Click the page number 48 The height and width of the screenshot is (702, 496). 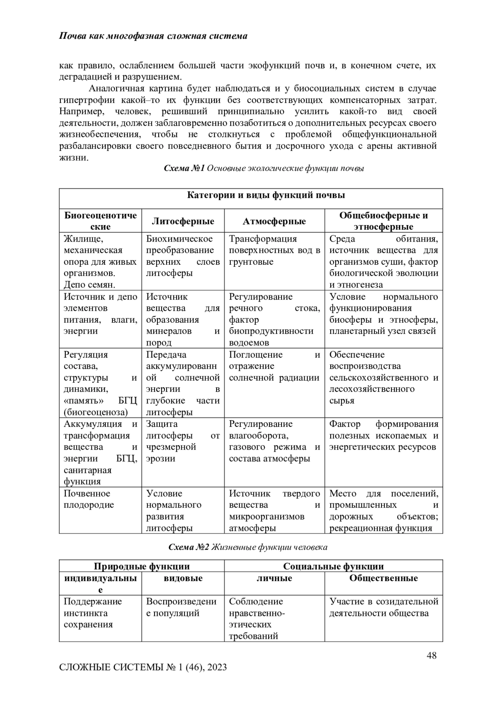tap(432, 655)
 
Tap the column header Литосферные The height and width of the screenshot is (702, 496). tap(183, 221)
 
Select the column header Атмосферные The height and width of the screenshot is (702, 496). tap(274, 221)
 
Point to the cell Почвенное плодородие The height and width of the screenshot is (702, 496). tap(89, 499)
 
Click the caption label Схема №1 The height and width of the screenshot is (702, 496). tap(184, 168)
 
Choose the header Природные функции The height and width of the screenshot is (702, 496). tap(142, 566)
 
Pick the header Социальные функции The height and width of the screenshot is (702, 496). tap(333, 566)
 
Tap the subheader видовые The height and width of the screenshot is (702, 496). tap(183, 578)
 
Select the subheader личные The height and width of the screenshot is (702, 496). tap(274, 578)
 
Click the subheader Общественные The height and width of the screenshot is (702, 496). tap(383, 578)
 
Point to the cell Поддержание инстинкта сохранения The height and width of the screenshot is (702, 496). tap(93, 613)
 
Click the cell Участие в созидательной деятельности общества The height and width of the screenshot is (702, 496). tap(383, 607)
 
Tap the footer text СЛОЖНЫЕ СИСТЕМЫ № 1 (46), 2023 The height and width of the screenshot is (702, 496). tap(143, 667)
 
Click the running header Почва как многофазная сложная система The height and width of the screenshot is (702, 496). tap(153, 36)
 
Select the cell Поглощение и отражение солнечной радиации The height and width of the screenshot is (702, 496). tap(274, 366)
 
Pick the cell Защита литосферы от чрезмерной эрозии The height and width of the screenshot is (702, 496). tap(183, 441)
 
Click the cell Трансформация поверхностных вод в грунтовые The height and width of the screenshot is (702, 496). tap(274, 250)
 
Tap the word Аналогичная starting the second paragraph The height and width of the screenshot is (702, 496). tap(115, 89)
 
